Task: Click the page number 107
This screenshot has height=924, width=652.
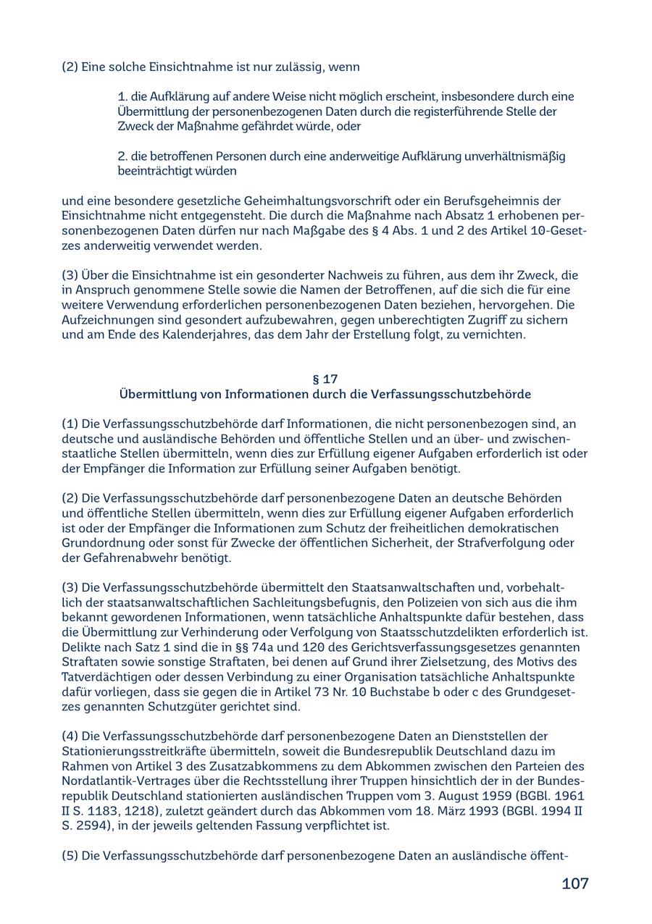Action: [x=574, y=883]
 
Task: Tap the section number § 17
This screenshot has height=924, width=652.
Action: [x=325, y=379]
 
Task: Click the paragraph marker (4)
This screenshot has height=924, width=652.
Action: [x=70, y=736]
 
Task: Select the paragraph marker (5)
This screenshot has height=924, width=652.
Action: [x=70, y=856]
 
